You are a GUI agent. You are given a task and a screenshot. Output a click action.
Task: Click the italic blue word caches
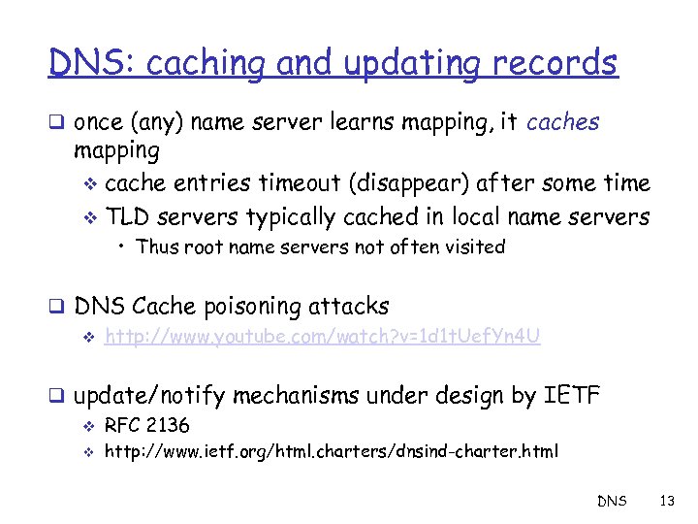click(x=563, y=122)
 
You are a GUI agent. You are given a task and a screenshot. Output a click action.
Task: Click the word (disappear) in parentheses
click(x=414, y=184)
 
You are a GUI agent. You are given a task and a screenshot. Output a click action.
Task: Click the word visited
click(x=473, y=246)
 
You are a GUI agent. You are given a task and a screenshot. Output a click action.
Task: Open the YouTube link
click(x=322, y=337)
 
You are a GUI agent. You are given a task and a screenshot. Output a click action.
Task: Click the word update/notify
click(x=149, y=396)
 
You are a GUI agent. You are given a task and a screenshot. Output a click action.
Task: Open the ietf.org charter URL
click(x=331, y=450)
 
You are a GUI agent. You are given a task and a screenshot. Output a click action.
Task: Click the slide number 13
click(x=665, y=502)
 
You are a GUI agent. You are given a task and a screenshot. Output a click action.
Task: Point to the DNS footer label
click(x=611, y=502)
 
